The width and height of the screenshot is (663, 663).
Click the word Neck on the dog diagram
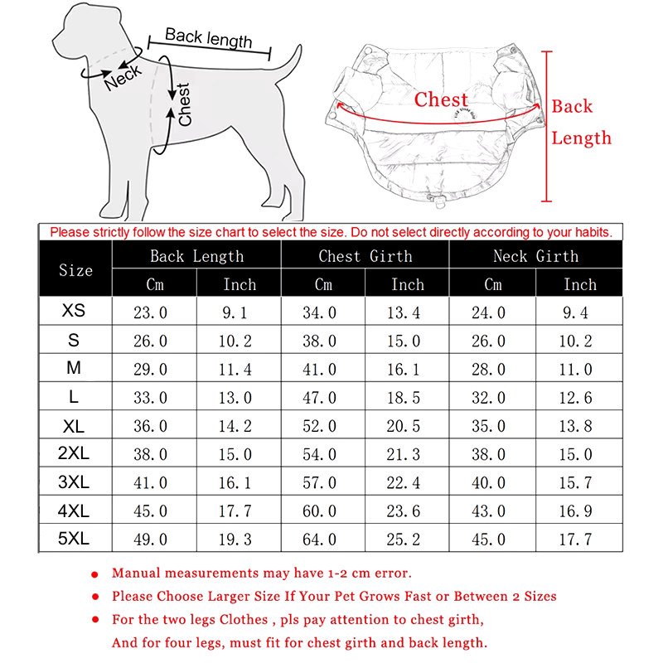(123, 80)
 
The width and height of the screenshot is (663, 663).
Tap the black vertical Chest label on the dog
(184, 104)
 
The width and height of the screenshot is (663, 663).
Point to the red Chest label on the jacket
(441, 100)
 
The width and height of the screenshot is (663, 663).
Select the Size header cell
(75, 270)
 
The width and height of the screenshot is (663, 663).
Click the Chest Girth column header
(365, 256)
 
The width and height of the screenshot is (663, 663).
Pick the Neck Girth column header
(535, 256)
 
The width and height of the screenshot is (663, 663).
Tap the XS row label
(74, 312)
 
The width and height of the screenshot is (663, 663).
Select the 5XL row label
(74, 539)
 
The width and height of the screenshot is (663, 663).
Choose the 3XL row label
(74, 482)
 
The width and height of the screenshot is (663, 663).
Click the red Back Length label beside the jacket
(582, 122)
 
